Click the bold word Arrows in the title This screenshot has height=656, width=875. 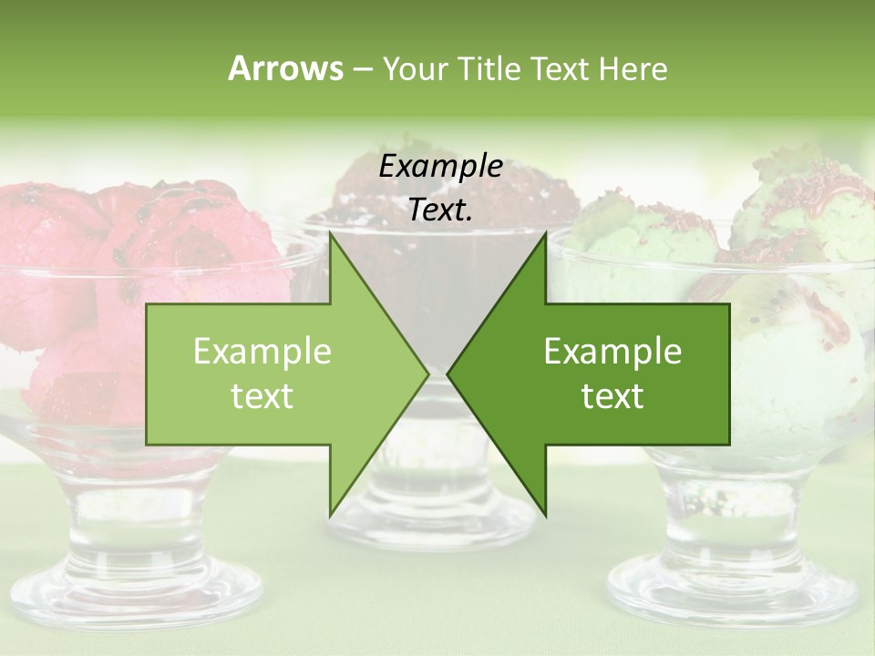284,68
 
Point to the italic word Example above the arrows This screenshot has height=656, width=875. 440,167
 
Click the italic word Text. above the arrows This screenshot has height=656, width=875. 440,210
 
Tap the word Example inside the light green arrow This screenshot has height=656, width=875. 262,352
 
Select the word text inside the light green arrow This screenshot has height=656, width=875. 262,396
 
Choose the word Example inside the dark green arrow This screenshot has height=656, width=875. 612,352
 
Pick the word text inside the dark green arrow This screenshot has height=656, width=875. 612,396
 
